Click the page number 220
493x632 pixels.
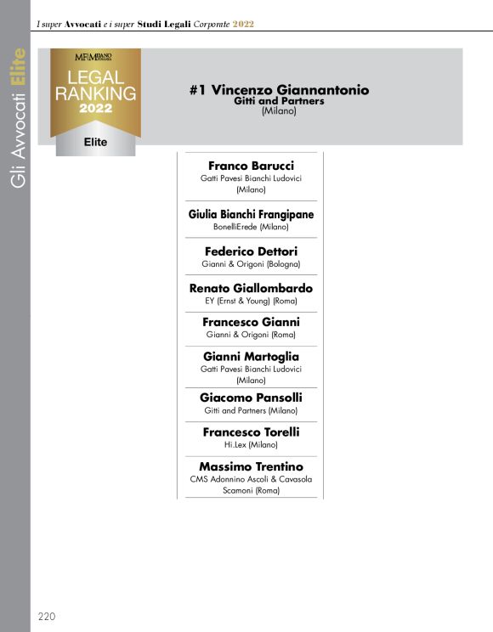(x=47, y=616)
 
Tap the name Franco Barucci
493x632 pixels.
(x=251, y=166)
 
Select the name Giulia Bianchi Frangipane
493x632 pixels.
(x=251, y=214)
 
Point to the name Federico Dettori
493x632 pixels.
(x=251, y=251)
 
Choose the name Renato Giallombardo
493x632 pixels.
(x=251, y=288)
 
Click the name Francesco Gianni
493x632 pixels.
(x=251, y=322)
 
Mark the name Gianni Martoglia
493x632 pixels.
(x=251, y=356)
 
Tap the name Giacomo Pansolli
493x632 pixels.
(x=251, y=397)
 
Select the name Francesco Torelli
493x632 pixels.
(x=251, y=432)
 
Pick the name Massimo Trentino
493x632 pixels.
(x=251, y=466)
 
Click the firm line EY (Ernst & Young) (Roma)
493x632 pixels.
(x=251, y=301)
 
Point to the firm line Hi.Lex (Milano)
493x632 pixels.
(x=251, y=444)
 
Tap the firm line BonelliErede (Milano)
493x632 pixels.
(x=251, y=227)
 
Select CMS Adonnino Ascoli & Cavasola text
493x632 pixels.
(x=251, y=479)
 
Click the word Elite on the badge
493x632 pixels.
(x=96, y=142)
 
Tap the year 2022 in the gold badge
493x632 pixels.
(x=95, y=109)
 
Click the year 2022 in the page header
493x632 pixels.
(x=244, y=24)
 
